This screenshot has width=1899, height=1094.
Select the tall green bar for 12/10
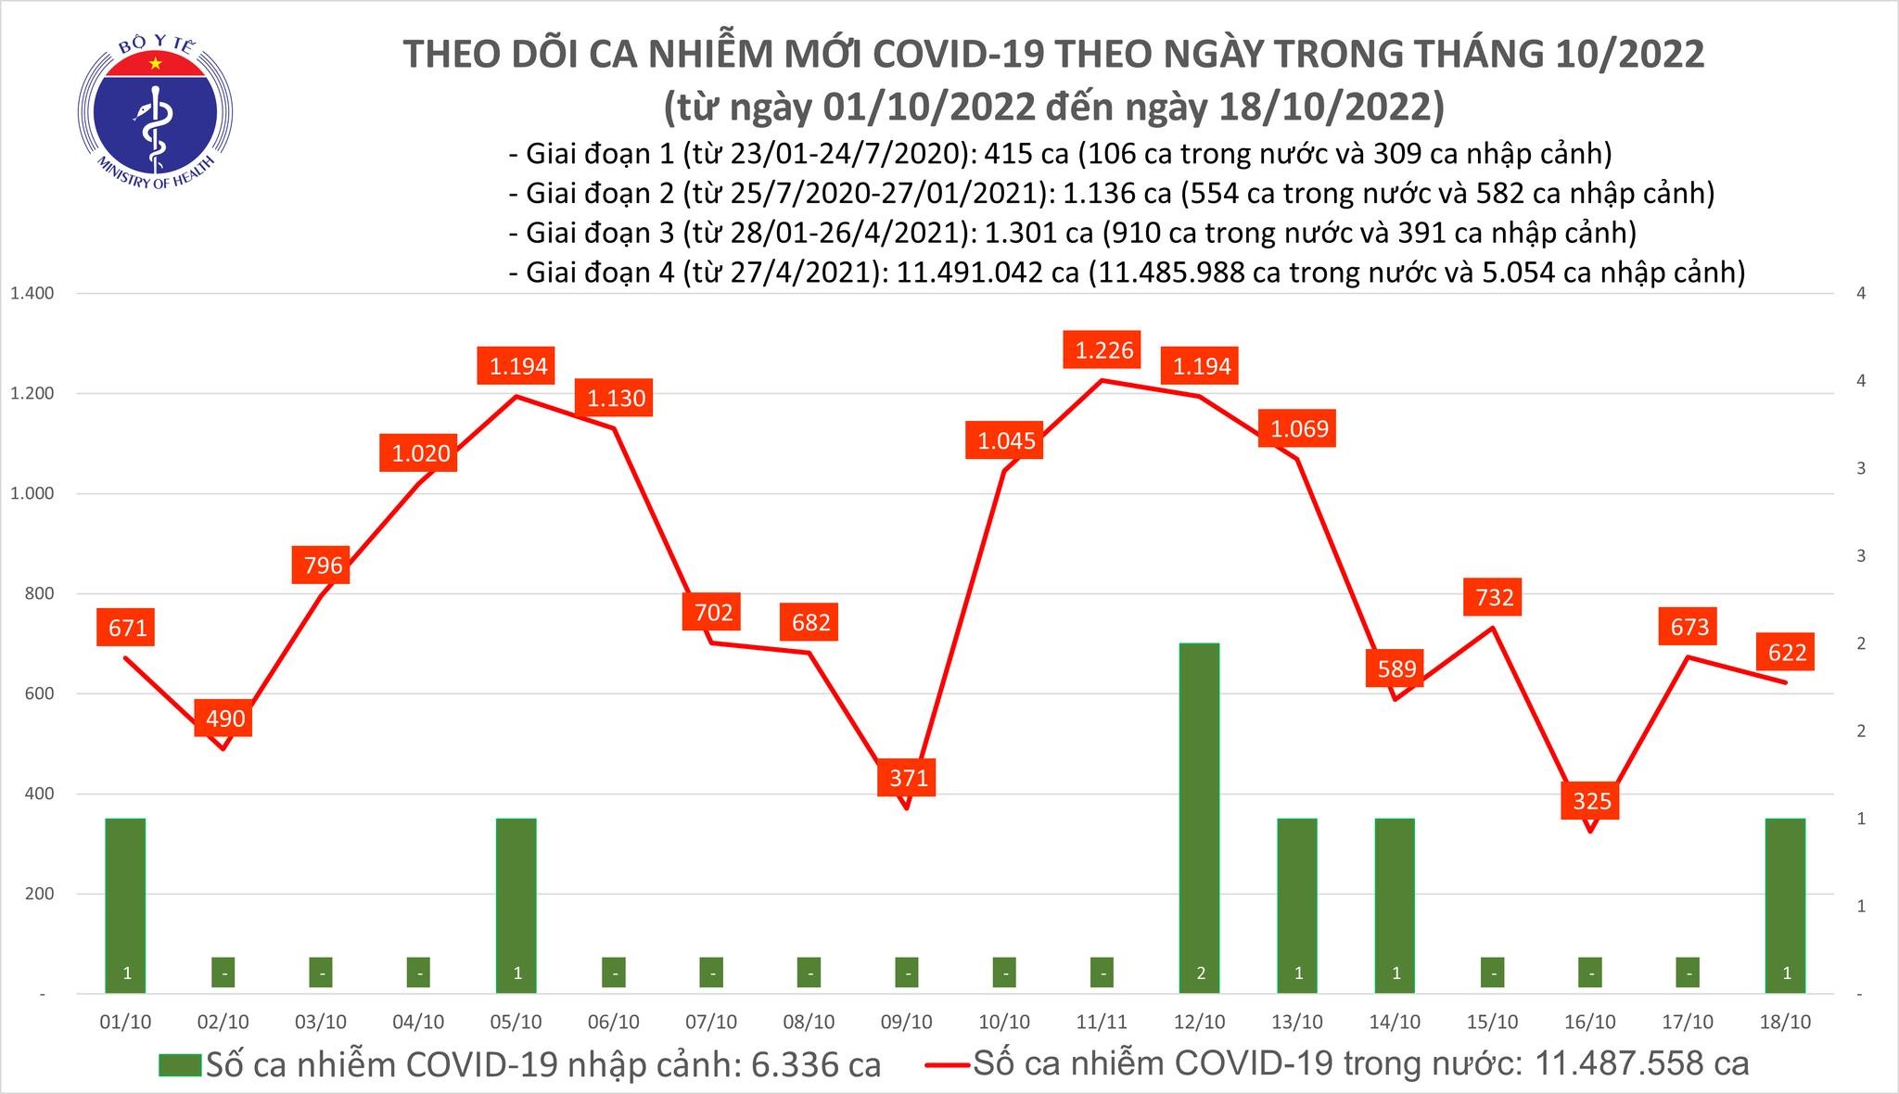click(x=1199, y=816)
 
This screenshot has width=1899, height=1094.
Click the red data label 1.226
click(x=1103, y=350)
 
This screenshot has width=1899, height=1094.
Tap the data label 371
click(x=908, y=777)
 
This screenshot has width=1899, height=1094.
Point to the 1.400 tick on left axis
click(x=32, y=294)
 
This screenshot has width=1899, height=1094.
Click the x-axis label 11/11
click(x=1102, y=1022)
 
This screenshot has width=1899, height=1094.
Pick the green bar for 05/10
click(x=516, y=904)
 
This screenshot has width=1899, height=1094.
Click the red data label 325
click(x=1591, y=800)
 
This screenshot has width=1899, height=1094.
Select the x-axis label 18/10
click(x=1786, y=1022)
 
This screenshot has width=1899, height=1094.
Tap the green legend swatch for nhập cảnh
click(x=179, y=1064)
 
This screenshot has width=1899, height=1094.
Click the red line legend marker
click(x=947, y=1064)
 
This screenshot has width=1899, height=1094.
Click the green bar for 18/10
click(x=1786, y=904)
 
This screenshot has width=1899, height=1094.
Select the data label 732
click(x=1494, y=597)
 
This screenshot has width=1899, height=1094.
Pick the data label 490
click(x=224, y=719)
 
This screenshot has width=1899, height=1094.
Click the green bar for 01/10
click(x=125, y=904)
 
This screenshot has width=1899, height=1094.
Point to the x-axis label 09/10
click(x=906, y=1022)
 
